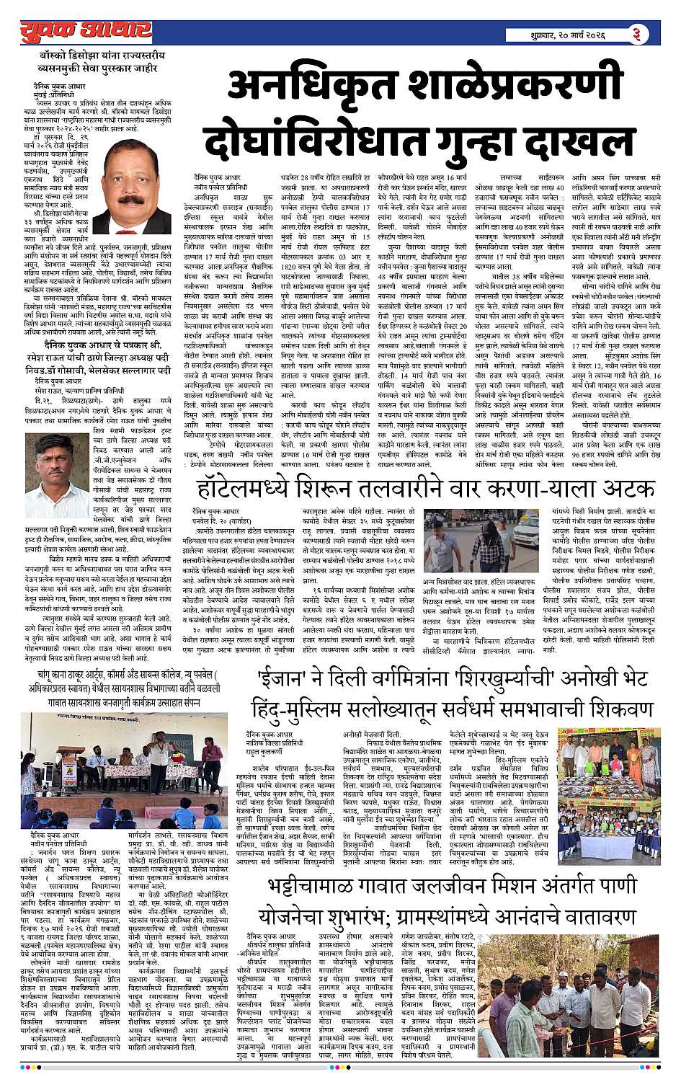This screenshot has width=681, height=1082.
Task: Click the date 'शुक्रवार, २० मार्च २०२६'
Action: coord(565,35)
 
